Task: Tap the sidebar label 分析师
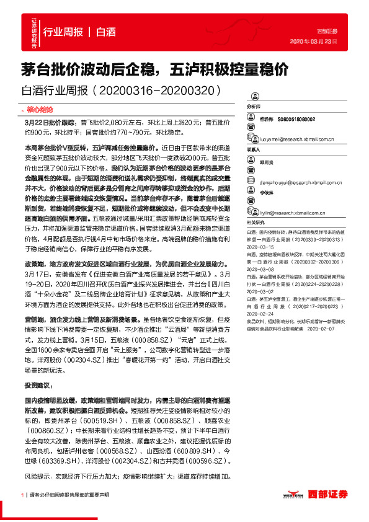coord(254,107)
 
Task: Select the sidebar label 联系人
coord(254,149)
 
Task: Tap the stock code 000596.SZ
coord(207,461)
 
